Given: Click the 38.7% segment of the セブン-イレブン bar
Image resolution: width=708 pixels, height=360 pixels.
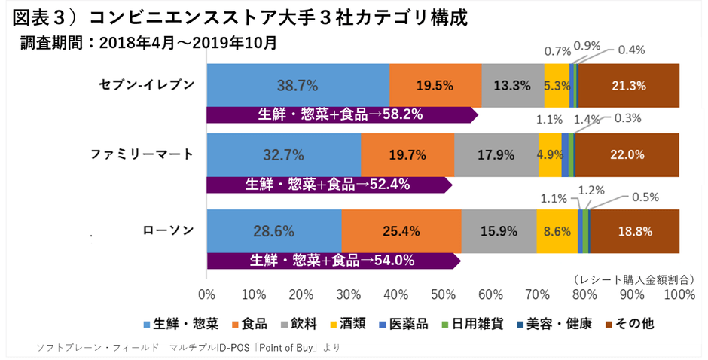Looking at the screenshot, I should [298, 85].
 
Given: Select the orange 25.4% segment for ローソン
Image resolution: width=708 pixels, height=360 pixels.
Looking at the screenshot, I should [401, 230].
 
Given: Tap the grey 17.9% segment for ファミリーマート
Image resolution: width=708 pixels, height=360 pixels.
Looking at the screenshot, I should [496, 154].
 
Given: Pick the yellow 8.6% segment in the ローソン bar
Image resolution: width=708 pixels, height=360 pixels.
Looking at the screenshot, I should [557, 230].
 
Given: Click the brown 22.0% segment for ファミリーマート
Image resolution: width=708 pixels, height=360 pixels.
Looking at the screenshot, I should [627, 154].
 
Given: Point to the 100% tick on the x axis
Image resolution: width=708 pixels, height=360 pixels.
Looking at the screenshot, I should [679, 294].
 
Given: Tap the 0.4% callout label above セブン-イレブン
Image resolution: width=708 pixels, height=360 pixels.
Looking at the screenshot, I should [631, 50].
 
